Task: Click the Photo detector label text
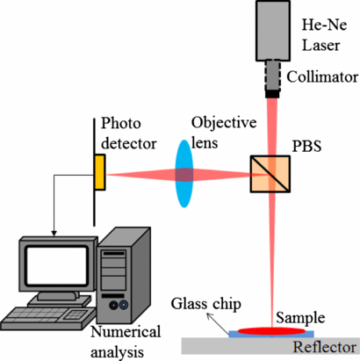[x=127, y=131]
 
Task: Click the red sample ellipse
[x=277, y=330]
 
